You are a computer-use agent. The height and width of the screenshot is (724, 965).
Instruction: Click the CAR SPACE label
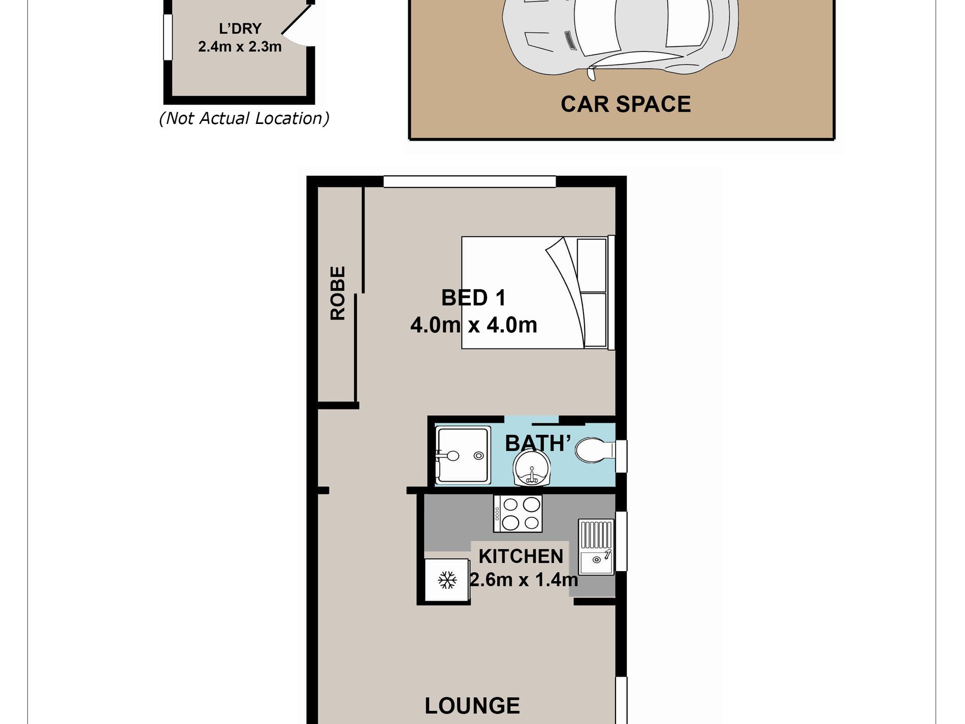click(626, 104)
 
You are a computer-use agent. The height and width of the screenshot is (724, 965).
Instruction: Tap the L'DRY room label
click(240, 28)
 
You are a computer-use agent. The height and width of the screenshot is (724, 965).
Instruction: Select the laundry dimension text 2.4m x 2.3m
click(240, 47)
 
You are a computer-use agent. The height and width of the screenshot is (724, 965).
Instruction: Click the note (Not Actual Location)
click(244, 118)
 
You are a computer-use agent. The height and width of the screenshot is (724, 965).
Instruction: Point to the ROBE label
click(338, 293)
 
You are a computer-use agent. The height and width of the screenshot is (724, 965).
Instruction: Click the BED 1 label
click(473, 298)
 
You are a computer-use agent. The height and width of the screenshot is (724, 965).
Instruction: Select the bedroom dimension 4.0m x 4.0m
click(474, 325)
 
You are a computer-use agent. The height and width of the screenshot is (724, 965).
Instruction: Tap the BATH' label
click(538, 444)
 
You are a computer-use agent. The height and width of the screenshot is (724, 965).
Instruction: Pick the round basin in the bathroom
click(531, 468)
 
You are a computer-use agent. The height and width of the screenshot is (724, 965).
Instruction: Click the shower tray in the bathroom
click(463, 455)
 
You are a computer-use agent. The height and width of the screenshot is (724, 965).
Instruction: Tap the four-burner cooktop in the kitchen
click(518, 513)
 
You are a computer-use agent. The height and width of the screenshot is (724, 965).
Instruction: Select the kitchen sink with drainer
click(596, 547)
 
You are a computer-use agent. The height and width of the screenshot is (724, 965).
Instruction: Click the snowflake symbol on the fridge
click(447, 580)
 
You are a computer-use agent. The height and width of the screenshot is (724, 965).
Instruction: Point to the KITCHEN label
click(521, 557)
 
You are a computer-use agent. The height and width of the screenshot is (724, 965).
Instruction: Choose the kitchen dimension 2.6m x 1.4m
click(524, 579)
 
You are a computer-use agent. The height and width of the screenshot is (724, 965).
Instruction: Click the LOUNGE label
click(472, 706)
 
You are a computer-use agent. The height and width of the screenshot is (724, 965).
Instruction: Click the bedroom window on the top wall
click(470, 181)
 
